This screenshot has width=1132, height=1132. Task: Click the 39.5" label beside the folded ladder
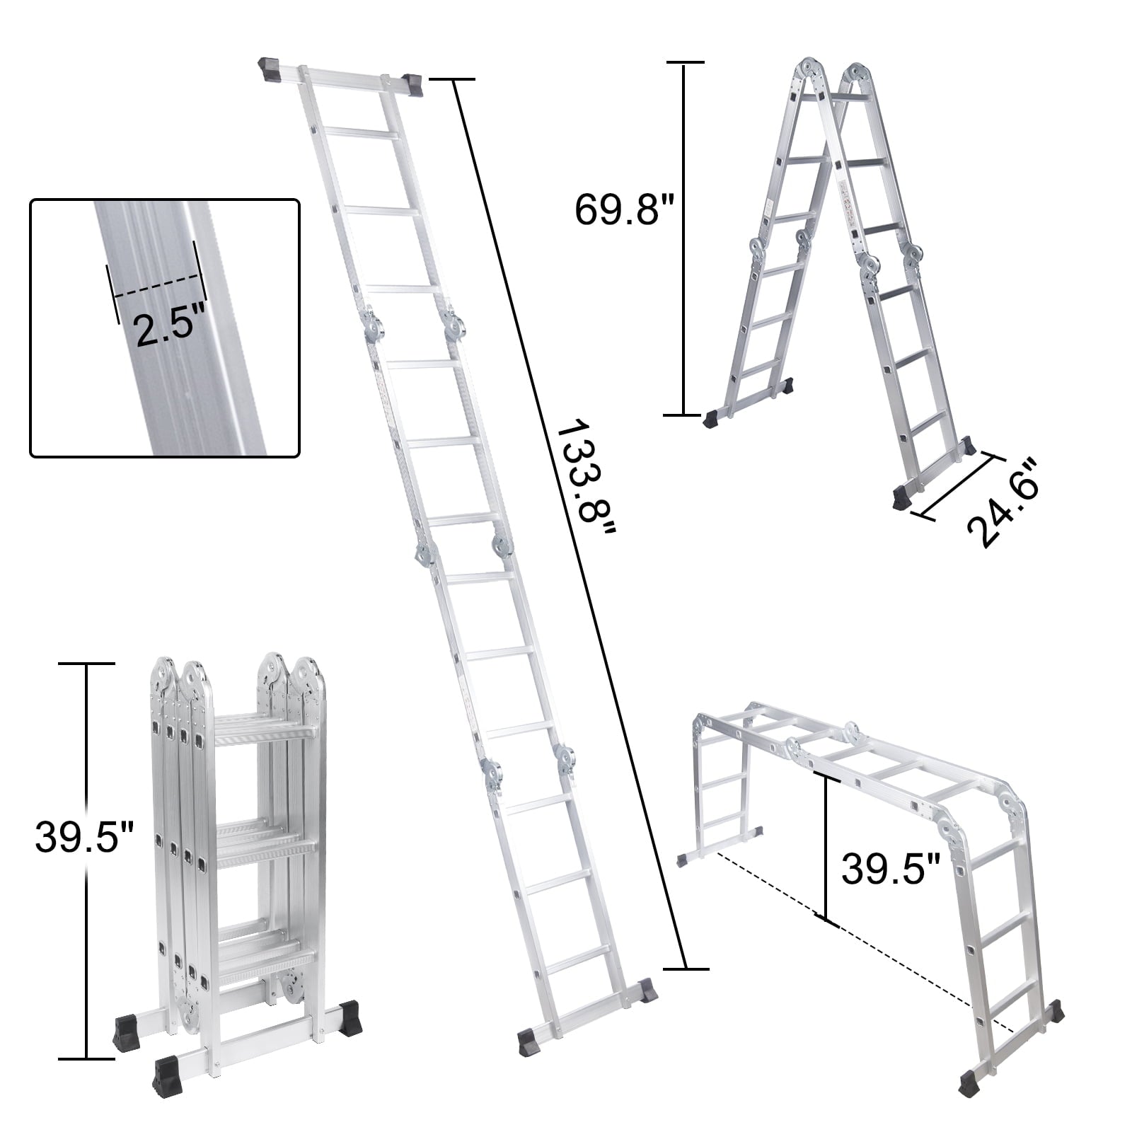84,837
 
